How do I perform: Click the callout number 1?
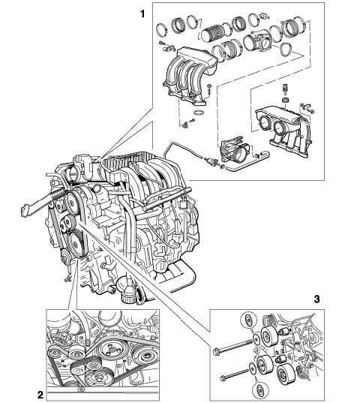[142, 14]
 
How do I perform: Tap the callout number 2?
[40, 395]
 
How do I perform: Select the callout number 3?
[316, 299]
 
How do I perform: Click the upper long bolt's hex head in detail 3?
[216, 351]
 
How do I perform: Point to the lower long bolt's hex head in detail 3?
[223, 378]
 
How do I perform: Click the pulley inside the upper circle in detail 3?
[248, 320]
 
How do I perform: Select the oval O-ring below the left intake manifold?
[199, 113]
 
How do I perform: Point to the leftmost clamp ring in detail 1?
[162, 29]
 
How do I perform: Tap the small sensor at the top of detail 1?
[264, 15]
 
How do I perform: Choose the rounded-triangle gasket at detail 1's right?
[286, 49]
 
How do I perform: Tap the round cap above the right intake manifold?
[285, 100]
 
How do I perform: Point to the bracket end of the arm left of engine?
[25, 209]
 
